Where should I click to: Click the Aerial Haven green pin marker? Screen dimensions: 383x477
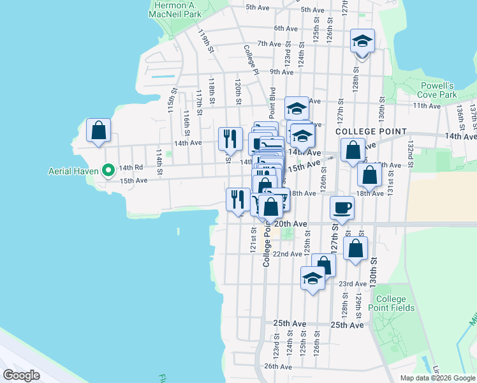point(108,170)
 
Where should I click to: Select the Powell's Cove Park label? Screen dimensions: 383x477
point(439,90)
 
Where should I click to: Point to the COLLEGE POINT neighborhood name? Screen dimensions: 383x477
point(371,131)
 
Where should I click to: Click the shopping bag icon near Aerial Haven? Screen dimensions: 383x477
point(99,131)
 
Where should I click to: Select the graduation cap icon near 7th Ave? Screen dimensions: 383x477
point(362,42)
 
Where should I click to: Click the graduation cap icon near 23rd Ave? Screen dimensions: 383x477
point(312,279)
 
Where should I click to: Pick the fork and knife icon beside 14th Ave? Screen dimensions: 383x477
point(230,138)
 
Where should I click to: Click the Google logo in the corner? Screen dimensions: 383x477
point(22,375)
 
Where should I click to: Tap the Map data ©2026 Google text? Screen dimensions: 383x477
point(437,378)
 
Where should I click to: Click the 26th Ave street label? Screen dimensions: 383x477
point(278,366)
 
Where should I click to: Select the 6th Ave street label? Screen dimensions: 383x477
point(286,28)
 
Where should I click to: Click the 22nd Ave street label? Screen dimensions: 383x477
point(287,253)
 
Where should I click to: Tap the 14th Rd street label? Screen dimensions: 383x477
point(130,167)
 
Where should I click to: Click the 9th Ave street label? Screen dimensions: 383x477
point(281,72)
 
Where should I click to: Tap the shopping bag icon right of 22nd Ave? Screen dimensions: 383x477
point(355,248)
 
